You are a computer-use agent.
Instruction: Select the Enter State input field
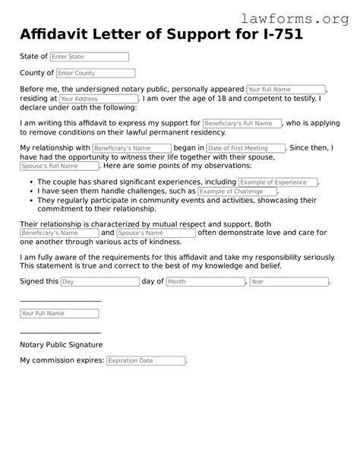(90, 57)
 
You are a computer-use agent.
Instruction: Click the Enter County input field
(95, 74)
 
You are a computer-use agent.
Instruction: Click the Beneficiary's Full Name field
(242, 123)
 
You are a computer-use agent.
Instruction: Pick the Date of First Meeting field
(245, 148)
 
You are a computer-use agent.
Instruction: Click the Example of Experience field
(278, 182)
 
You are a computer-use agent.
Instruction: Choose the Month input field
(205, 281)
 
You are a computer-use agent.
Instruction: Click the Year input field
(289, 281)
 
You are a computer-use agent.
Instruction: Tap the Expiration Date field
(145, 360)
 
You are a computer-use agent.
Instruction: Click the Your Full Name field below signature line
(59, 313)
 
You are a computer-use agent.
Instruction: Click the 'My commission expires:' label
(62, 360)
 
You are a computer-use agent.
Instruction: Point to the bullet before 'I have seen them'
(30, 192)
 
